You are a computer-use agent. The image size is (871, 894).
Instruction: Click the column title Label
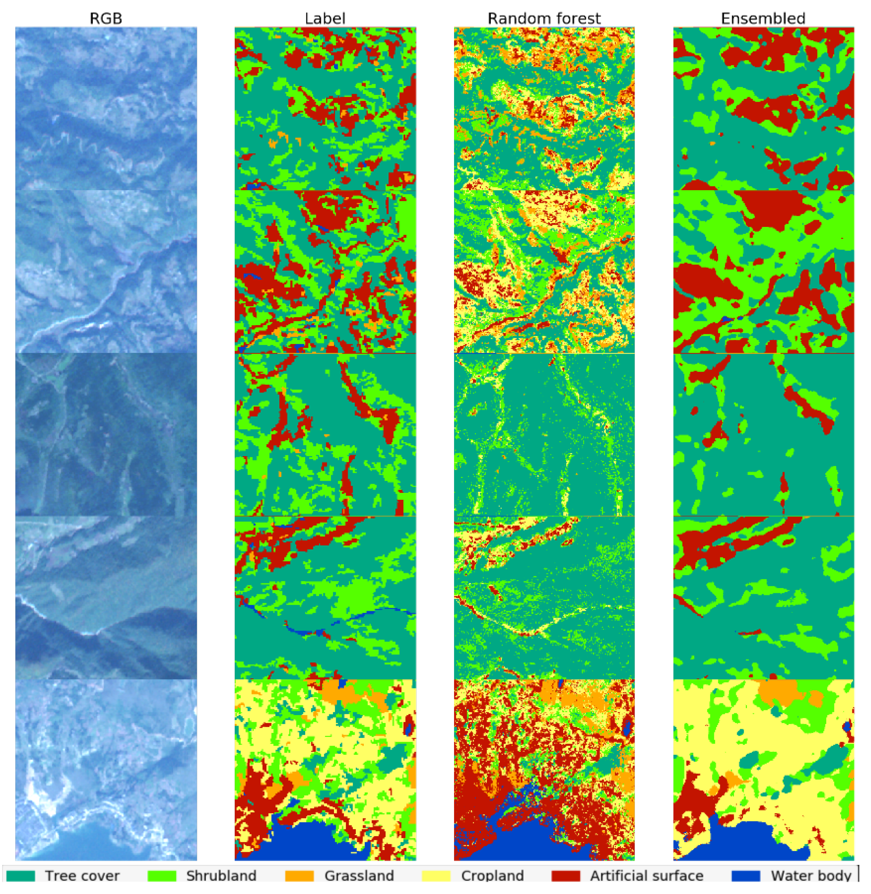325,18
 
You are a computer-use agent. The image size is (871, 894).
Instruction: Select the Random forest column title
544,18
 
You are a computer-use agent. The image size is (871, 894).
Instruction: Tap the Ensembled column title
763,18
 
